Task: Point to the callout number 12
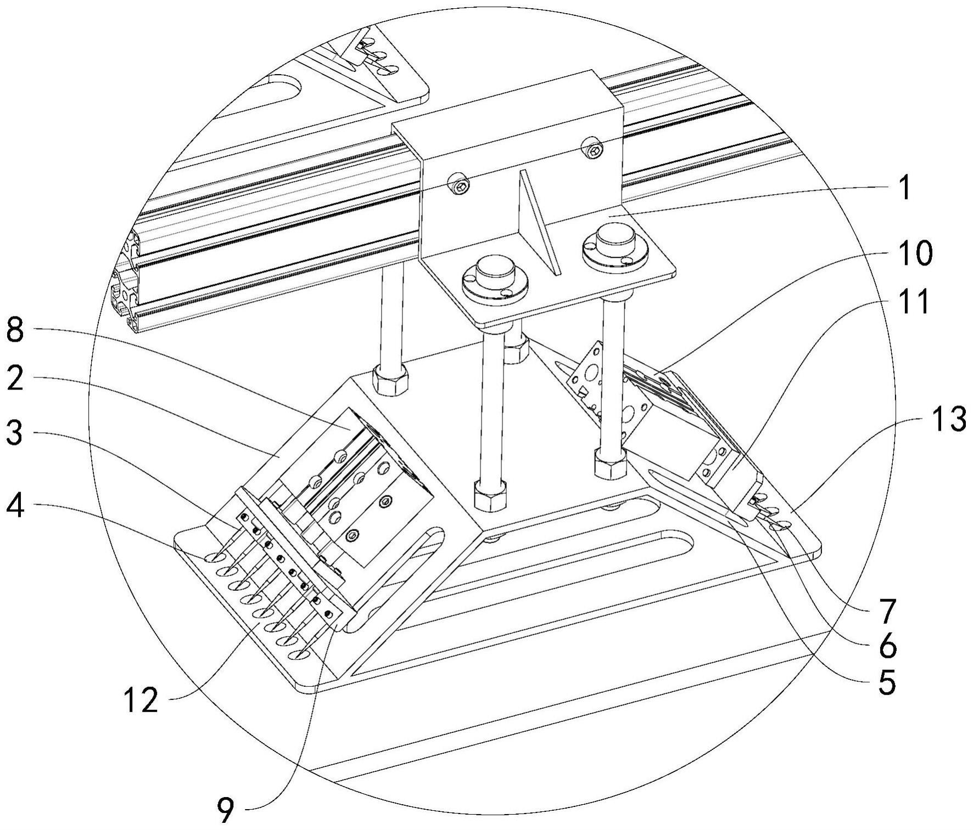[141, 701]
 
